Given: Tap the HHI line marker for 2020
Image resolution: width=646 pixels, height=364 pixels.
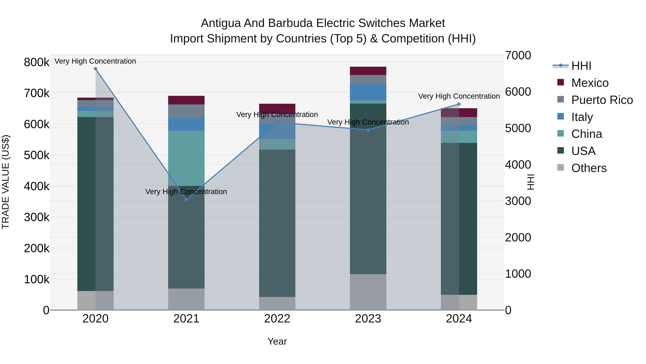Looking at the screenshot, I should click(95, 69).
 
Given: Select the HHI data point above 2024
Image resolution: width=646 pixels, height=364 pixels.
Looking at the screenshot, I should click(459, 104).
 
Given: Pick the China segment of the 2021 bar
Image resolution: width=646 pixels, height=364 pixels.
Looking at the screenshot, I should click(186, 158).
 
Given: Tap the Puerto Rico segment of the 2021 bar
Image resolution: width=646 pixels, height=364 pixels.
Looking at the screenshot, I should click(186, 111).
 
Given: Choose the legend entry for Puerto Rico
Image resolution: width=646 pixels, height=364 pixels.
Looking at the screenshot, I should click(602, 100).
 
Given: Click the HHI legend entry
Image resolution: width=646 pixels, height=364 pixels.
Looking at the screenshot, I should click(581, 66).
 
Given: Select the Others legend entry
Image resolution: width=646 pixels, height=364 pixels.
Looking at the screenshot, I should click(589, 168).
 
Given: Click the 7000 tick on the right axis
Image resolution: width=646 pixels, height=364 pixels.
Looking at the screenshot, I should click(518, 56).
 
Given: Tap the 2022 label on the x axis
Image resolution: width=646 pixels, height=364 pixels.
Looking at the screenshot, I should click(277, 319).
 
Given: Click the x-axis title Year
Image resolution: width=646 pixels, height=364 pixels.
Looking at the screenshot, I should click(277, 341).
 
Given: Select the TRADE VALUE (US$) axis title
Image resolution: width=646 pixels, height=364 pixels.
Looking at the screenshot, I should click(6, 182).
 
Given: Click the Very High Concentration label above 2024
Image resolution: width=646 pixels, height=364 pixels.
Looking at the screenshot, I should click(459, 96).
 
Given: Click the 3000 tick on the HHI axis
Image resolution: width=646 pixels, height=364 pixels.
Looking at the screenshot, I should click(518, 201).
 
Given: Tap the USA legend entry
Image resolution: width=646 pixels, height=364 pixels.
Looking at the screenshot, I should click(583, 151).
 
